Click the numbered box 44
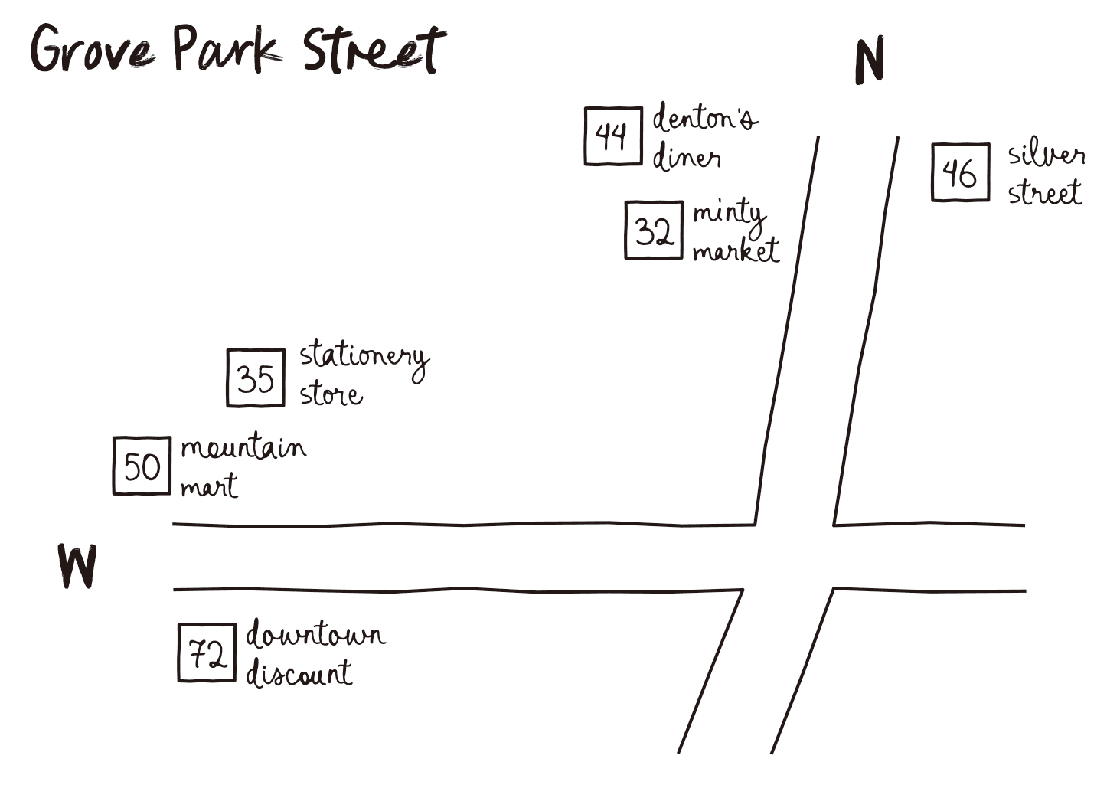coord(612,136)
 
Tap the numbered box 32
coord(653,231)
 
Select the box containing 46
coord(960,172)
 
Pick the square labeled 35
coord(256,378)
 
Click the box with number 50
coord(142,466)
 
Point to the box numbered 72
coord(207,653)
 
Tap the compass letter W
coord(77,566)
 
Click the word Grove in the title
coord(92,50)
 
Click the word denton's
coord(704,119)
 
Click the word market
coord(736,250)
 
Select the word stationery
coord(364,357)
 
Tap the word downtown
coord(315,635)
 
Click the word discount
coord(299,673)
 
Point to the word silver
coord(1046,155)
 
